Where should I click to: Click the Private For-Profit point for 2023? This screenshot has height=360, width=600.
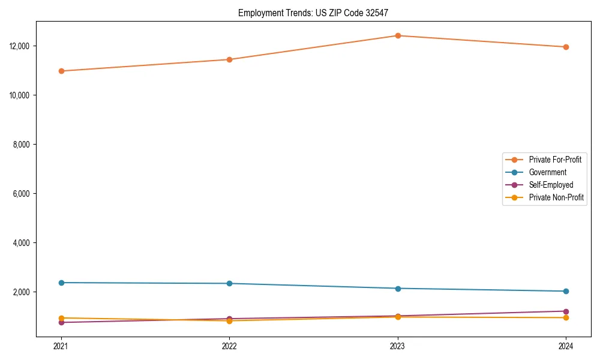398,35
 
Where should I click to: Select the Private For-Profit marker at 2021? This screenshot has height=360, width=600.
61,71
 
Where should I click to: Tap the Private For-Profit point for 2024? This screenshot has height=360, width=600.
566,47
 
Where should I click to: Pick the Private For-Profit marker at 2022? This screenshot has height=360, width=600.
229,59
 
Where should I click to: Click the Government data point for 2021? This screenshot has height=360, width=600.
61,283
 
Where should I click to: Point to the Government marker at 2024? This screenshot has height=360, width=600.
566,291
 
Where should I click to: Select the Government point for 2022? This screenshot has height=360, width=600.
229,283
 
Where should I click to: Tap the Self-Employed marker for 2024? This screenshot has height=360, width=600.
566,311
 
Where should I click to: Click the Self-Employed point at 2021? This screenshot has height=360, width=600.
61,322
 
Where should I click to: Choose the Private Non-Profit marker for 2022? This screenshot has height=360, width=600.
229,320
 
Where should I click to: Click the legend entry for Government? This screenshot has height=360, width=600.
547,172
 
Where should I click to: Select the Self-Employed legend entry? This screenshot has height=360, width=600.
551,185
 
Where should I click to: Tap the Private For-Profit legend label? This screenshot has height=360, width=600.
555,160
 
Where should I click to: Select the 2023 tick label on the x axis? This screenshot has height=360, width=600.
398,346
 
